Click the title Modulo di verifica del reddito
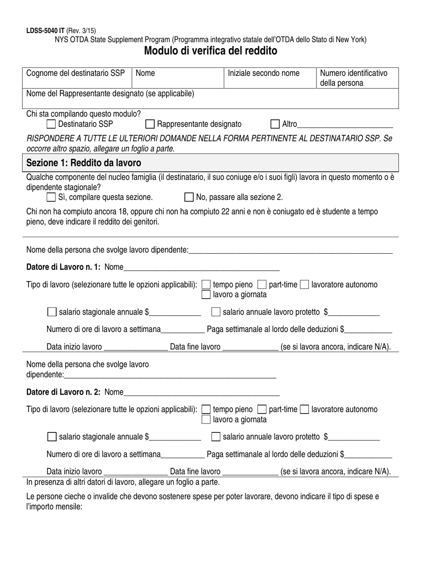tap(210, 51)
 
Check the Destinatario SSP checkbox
tap(51, 124)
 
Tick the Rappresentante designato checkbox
tap(150, 124)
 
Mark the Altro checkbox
tap(275, 124)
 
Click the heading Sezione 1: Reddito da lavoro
tap(83, 163)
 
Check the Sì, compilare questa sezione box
tap(51, 197)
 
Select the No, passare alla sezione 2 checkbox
tap(189, 197)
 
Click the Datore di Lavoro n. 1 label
tap(63, 267)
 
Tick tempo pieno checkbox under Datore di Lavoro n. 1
tap(206, 285)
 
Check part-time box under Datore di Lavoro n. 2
tap(262, 409)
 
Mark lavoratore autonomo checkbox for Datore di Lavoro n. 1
tap(305, 285)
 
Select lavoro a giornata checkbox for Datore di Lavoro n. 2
tap(206, 419)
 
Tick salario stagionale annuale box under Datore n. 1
tap(52, 312)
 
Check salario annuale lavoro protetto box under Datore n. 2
tap(216, 437)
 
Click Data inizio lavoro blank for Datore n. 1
tap(135, 348)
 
